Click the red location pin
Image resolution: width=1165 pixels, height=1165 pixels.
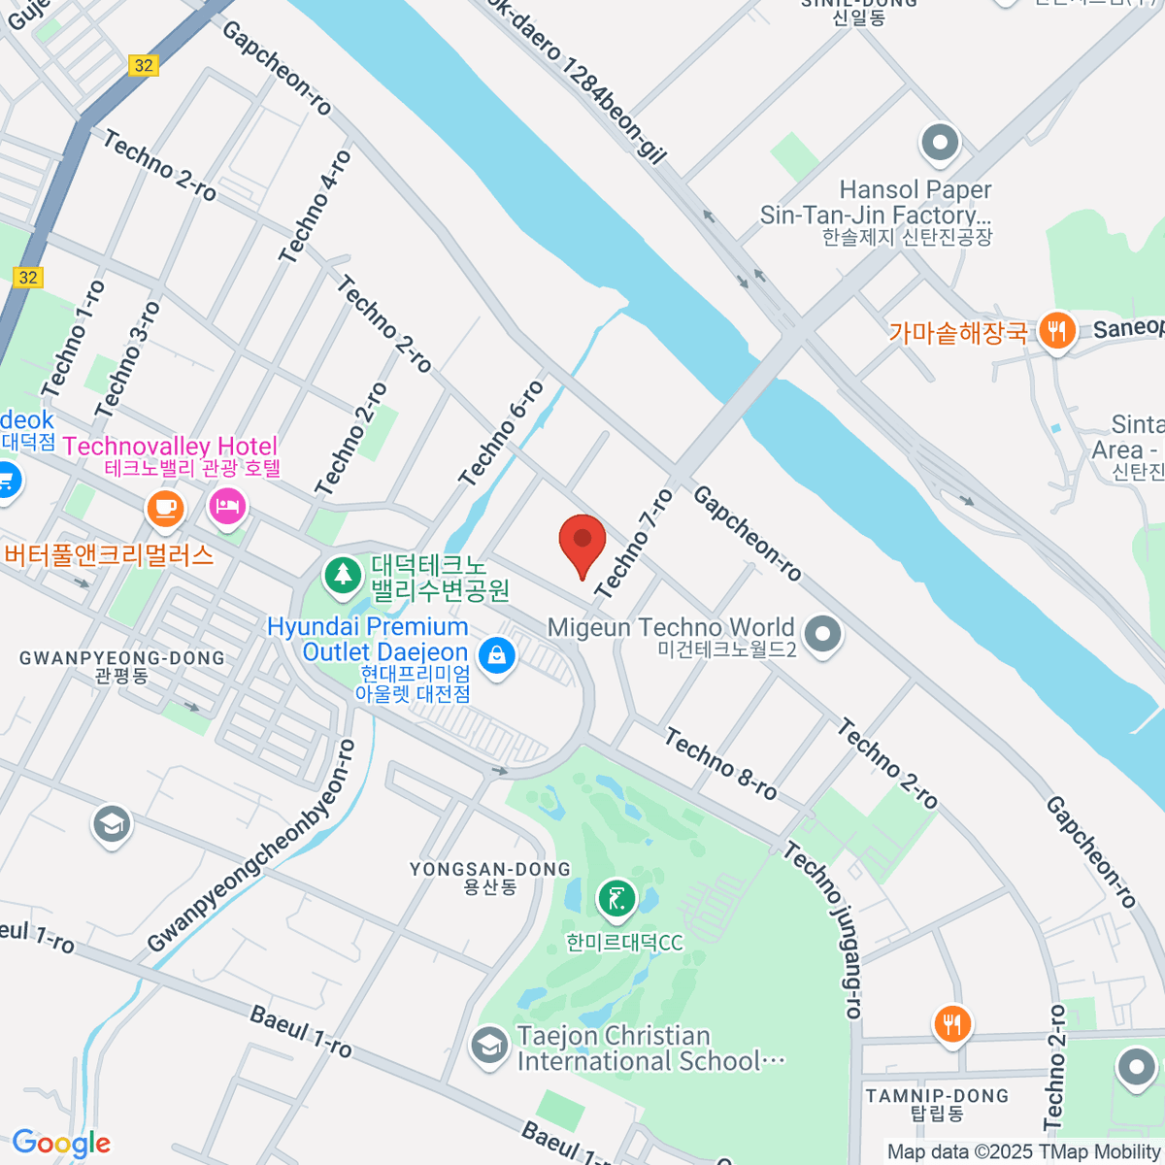[582, 544]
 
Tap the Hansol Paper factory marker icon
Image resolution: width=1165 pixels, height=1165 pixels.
[939, 144]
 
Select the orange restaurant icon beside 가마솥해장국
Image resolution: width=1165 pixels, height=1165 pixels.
[1056, 332]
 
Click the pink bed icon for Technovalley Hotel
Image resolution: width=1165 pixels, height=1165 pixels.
[227, 507]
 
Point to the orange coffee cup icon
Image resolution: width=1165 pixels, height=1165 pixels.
[165, 507]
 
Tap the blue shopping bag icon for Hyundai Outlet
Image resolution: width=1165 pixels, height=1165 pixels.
[497, 655]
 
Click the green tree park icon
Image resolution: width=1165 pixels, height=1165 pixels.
[342, 574]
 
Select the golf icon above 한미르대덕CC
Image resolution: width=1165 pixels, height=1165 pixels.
[616, 900]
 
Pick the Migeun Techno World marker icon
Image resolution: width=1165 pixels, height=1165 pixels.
[823, 635]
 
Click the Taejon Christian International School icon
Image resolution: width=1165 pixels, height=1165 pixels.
[488, 1047]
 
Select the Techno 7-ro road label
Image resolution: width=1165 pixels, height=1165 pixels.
[634, 544]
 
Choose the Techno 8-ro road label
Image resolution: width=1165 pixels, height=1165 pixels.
[721, 765]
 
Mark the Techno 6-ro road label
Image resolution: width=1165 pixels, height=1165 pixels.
[502, 433]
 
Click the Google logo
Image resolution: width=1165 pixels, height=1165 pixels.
[60, 1143]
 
